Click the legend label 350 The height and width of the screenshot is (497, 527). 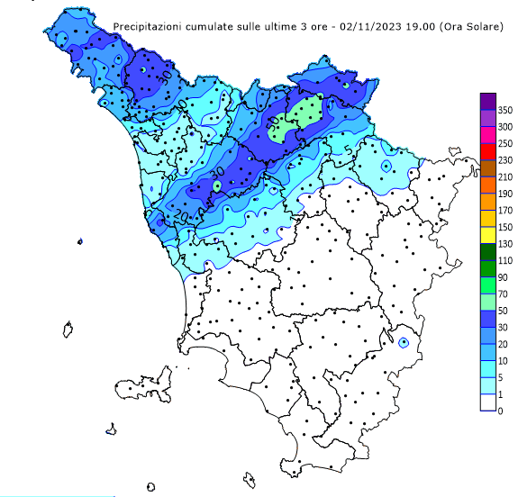[505, 109]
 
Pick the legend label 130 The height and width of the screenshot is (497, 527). [505, 243]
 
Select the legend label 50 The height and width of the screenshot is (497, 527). [505, 311]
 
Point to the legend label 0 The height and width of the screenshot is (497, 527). [500, 411]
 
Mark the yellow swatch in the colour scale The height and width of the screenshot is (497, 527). [488, 234]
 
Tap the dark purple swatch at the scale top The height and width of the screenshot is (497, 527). [488, 100]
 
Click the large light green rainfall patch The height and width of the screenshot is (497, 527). [304, 118]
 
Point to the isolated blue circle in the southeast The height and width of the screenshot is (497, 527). [404, 342]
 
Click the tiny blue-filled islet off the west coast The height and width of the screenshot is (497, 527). [80, 241]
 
